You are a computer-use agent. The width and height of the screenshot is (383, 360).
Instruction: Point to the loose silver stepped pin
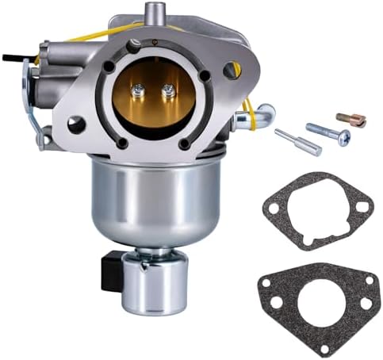(x=297, y=142)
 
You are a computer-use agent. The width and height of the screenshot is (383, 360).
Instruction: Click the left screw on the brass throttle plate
(x=143, y=93)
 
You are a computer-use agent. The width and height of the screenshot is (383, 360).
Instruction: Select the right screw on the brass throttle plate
(x=167, y=93)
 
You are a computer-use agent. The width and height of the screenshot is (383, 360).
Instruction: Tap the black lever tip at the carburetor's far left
(x=10, y=57)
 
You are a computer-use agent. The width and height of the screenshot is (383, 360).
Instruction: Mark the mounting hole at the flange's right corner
(x=232, y=70)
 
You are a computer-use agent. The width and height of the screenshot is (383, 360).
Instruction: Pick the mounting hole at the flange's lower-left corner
(x=76, y=124)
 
